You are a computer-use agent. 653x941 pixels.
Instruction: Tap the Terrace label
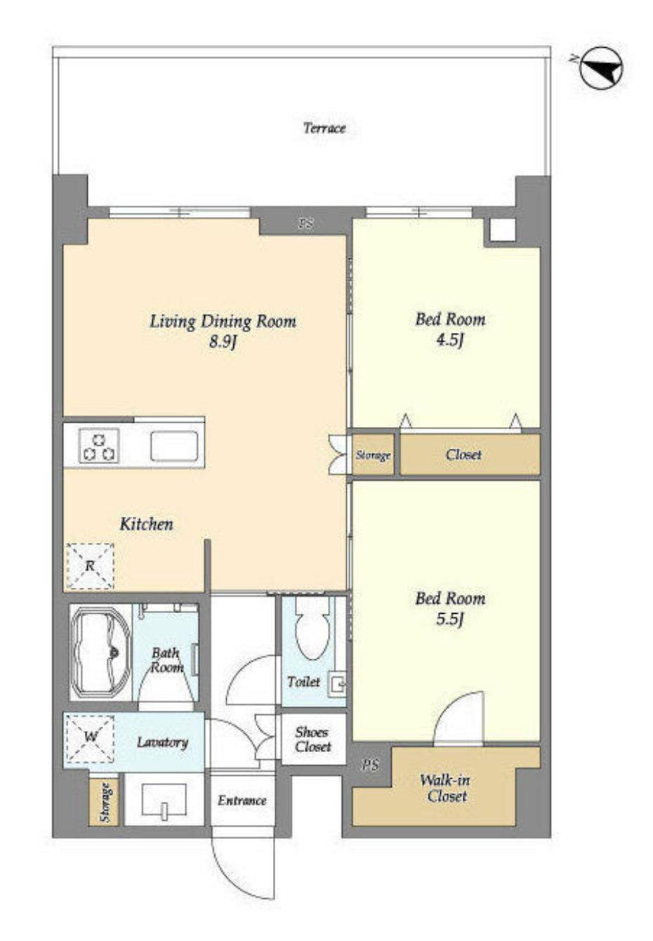[x=324, y=128]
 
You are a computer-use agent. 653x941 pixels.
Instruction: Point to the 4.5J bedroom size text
[x=450, y=340]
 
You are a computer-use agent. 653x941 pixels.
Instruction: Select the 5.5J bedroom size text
[x=450, y=619]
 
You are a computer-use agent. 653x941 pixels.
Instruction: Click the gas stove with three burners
[x=99, y=447]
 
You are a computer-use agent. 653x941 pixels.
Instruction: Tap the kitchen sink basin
[x=174, y=446]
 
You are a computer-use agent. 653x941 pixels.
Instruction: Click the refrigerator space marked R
[x=90, y=566]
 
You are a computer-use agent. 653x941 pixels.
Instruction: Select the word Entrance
[x=242, y=801]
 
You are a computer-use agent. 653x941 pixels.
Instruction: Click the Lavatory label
[x=162, y=743]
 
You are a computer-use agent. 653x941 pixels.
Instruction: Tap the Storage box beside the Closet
[x=373, y=455]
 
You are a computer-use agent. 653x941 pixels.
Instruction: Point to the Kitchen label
[x=147, y=524]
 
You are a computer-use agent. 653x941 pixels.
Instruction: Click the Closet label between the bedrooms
[x=463, y=454]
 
